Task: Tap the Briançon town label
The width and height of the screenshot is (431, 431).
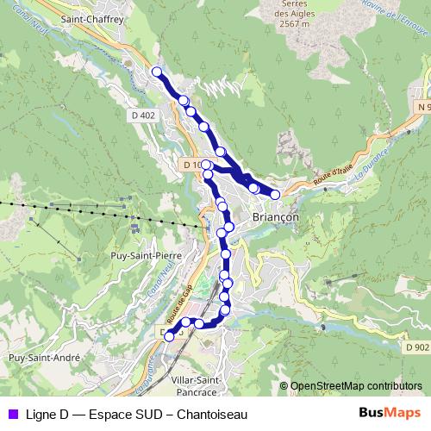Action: coord(275,218)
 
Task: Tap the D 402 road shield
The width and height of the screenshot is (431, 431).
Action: coord(146,115)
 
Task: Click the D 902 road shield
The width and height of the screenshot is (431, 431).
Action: coord(414,347)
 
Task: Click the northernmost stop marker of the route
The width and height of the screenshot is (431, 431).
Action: coord(157,72)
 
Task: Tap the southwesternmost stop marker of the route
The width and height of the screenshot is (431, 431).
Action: coord(169,336)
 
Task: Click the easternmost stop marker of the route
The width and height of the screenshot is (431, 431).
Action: coord(275,195)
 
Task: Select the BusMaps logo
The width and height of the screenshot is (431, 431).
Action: coord(390,414)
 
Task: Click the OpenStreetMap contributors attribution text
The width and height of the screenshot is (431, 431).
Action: coord(356,387)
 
